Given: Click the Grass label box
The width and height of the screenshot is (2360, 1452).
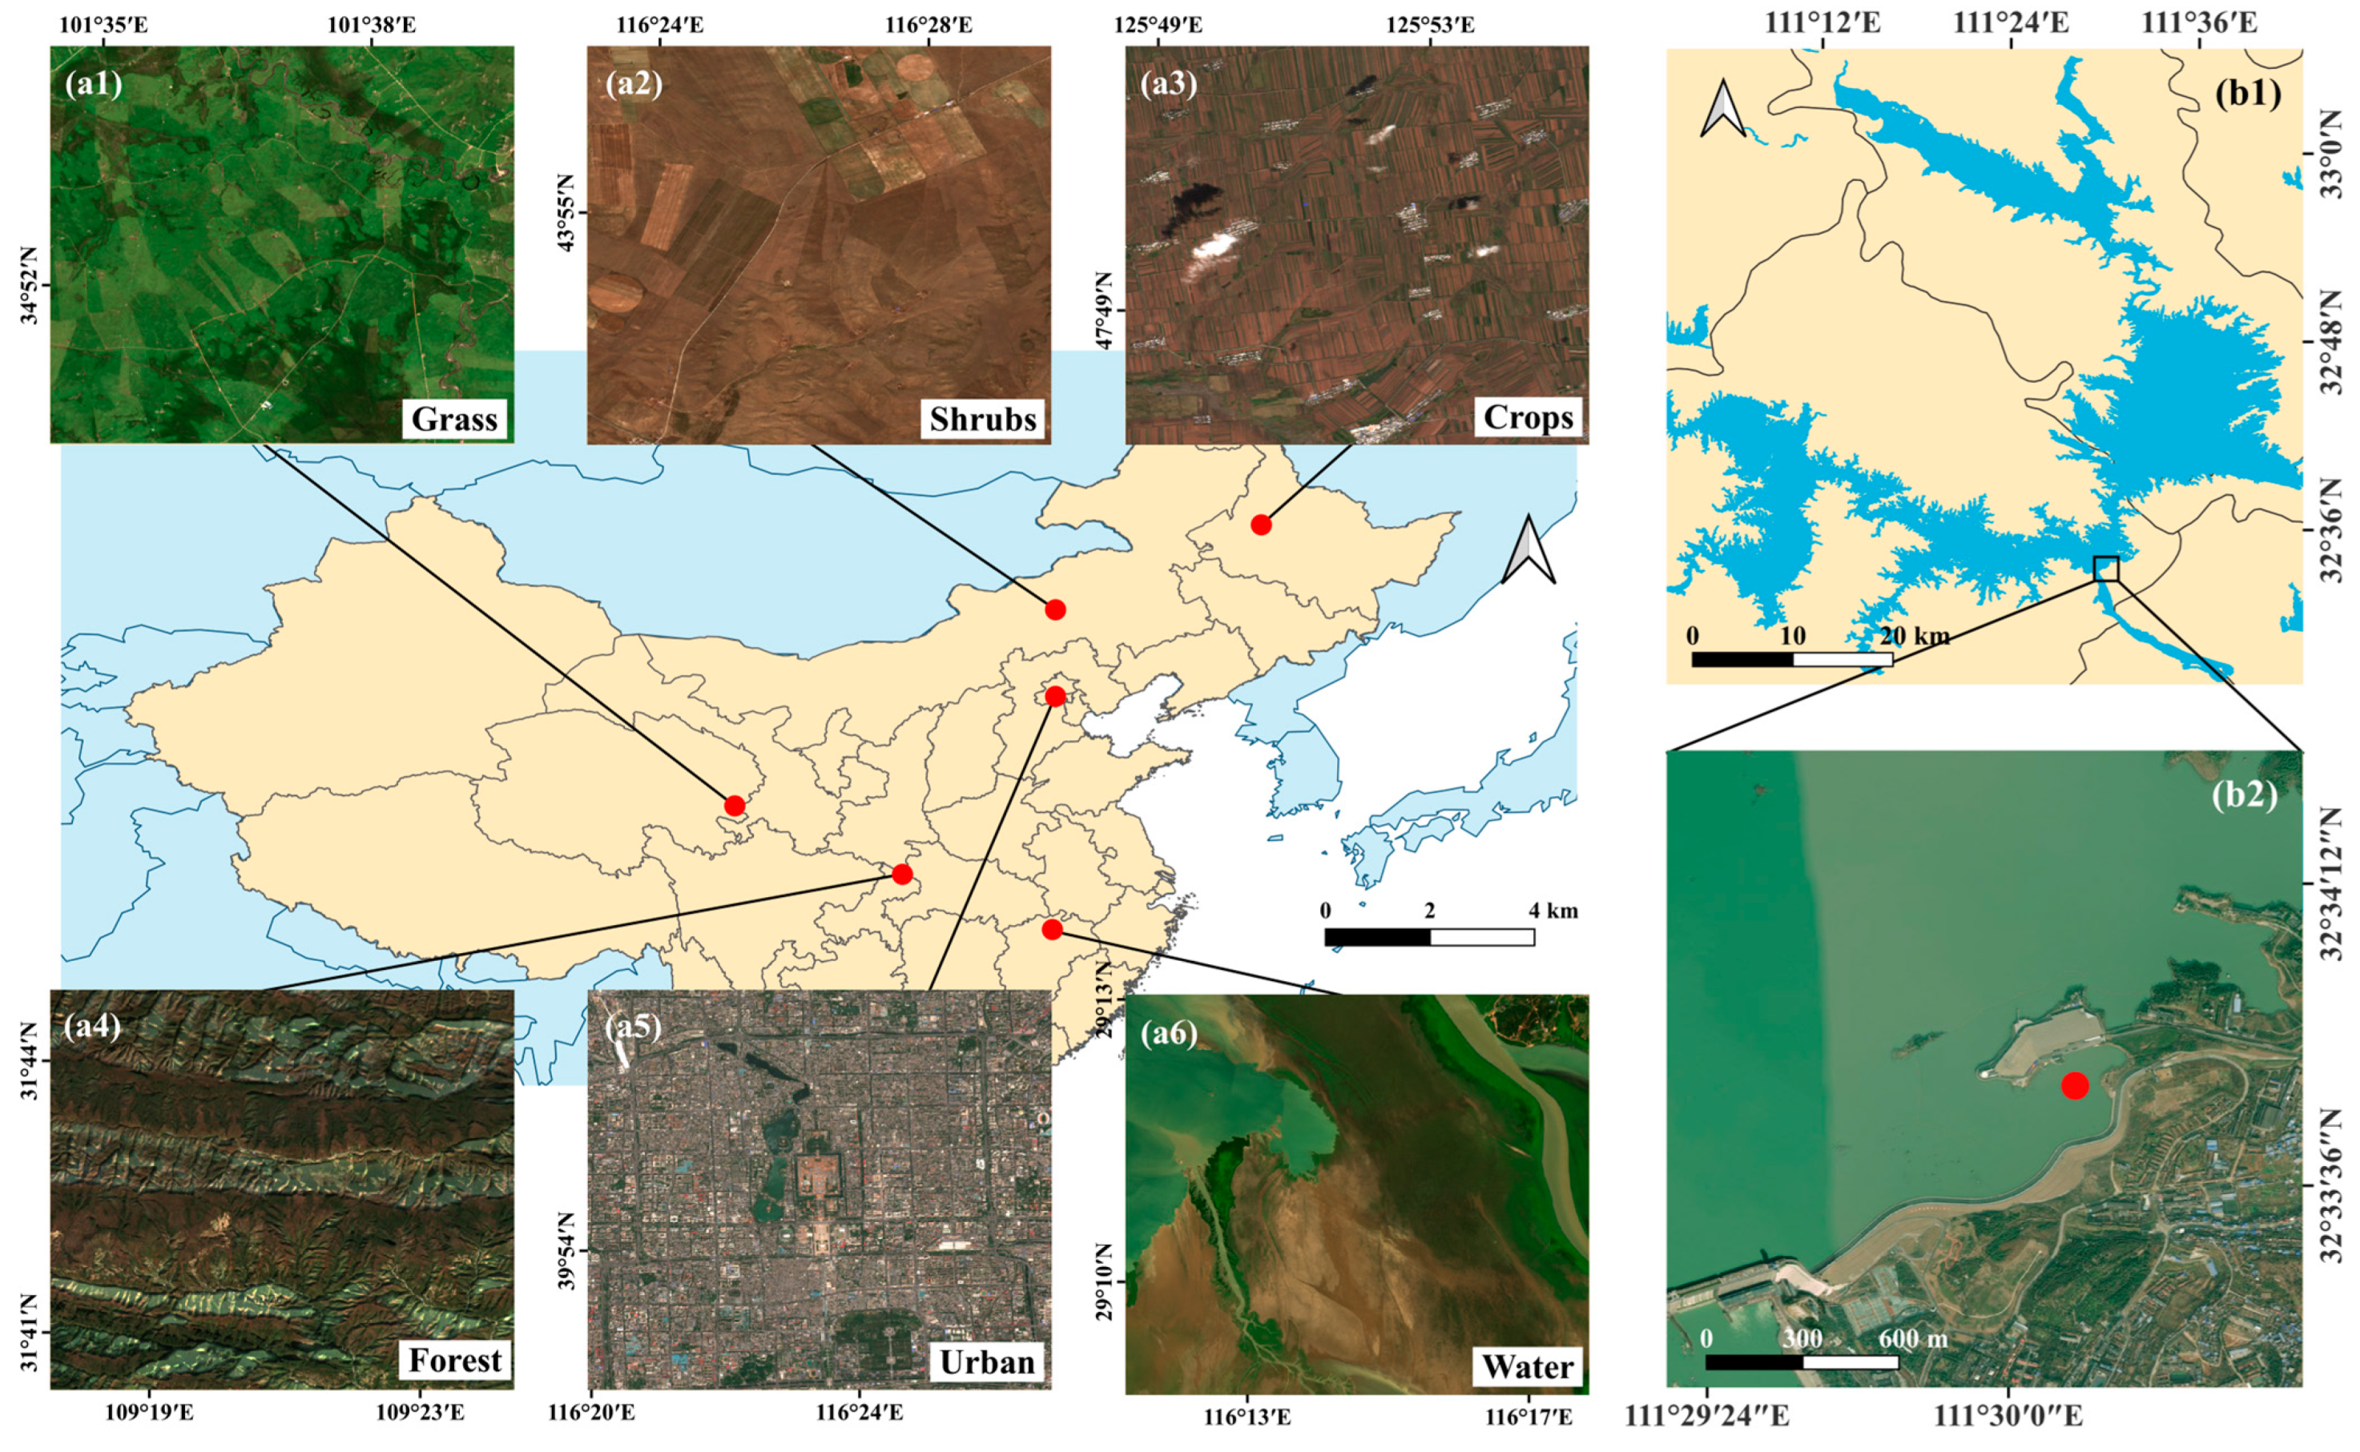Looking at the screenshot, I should tap(454, 419).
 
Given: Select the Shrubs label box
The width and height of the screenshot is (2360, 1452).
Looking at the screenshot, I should tap(983, 419).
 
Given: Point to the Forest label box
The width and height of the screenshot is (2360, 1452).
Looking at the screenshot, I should tap(454, 1360).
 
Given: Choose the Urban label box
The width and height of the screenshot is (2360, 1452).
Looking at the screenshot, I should tap(986, 1362).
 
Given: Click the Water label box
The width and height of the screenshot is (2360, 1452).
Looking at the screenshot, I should tap(1527, 1366).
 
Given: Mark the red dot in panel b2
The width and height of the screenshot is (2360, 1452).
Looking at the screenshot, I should tap(2074, 1085).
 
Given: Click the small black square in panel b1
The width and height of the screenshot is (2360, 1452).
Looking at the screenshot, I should tap(2105, 568).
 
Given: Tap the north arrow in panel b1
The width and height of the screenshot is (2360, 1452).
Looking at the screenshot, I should tap(1723, 108).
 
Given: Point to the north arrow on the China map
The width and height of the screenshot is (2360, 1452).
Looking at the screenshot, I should tap(1528, 549).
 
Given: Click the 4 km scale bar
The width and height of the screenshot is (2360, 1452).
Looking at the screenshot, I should tap(1428, 936).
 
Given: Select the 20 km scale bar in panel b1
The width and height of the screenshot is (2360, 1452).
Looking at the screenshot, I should tap(1791, 659).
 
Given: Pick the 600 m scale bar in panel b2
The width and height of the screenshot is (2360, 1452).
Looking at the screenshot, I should tap(1801, 1361).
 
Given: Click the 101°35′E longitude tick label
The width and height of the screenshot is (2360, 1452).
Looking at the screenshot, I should tap(101, 24).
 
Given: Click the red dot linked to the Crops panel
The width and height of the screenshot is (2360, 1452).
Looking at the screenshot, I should tap(1260, 525).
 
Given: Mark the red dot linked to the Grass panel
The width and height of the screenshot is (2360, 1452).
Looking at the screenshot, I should tap(734, 805).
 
